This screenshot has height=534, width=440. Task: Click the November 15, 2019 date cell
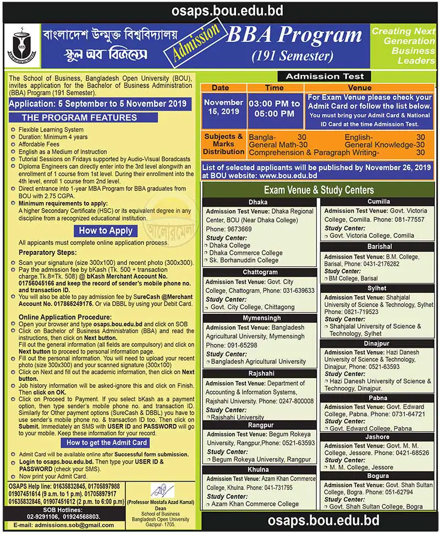pyautogui.click(x=223, y=107)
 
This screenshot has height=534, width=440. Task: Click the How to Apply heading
pyautogui.click(x=105, y=231)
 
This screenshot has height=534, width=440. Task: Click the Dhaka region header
pyautogui.click(x=257, y=202)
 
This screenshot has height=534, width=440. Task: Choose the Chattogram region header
pyautogui.click(x=260, y=272)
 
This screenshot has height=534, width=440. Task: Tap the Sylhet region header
pyautogui.click(x=377, y=288)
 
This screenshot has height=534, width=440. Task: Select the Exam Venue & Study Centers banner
pyautogui.click(x=318, y=190)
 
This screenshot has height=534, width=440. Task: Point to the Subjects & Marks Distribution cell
pyautogui.click(x=224, y=144)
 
